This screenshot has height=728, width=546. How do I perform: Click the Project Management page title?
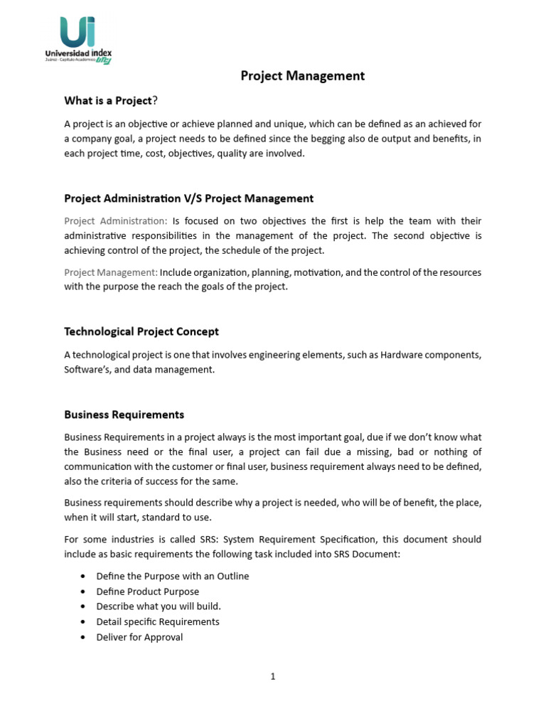[302, 76]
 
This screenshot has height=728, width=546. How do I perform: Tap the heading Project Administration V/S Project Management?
[188, 198]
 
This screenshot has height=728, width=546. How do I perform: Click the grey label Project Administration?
[116, 220]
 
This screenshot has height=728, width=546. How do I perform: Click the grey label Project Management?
[111, 272]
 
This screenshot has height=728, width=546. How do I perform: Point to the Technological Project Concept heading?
[141, 331]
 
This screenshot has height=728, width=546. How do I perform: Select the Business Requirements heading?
[124, 414]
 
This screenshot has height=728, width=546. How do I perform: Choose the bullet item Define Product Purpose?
[147, 591]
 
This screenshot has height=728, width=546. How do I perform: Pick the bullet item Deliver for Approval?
[139, 637]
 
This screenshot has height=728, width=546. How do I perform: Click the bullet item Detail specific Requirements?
[158, 621]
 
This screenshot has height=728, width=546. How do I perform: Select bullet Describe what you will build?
[159, 606]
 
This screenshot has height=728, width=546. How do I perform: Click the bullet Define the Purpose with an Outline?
[173, 576]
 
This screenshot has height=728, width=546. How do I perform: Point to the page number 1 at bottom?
[272, 677]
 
